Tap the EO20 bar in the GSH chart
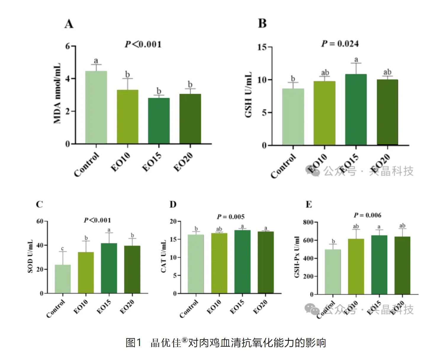click(x=387, y=112)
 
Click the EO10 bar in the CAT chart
click(x=219, y=263)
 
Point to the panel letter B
click(x=262, y=24)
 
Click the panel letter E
click(x=309, y=204)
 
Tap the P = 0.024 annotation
click(x=340, y=44)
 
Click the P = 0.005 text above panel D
click(x=231, y=217)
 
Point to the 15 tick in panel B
click(x=262, y=47)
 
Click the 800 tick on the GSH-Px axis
click(x=308, y=222)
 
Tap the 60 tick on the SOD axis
click(x=40, y=221)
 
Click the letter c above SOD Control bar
click(x=62, y=249)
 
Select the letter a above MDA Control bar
click(x=96, y=61)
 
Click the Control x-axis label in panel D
click(x=189, y=309)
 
